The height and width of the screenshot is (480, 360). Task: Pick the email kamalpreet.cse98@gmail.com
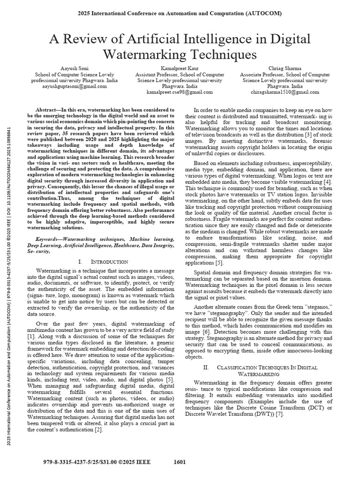180,92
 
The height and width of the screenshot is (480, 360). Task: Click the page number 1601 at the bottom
180,462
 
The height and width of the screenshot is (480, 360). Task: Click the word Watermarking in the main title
143,54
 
